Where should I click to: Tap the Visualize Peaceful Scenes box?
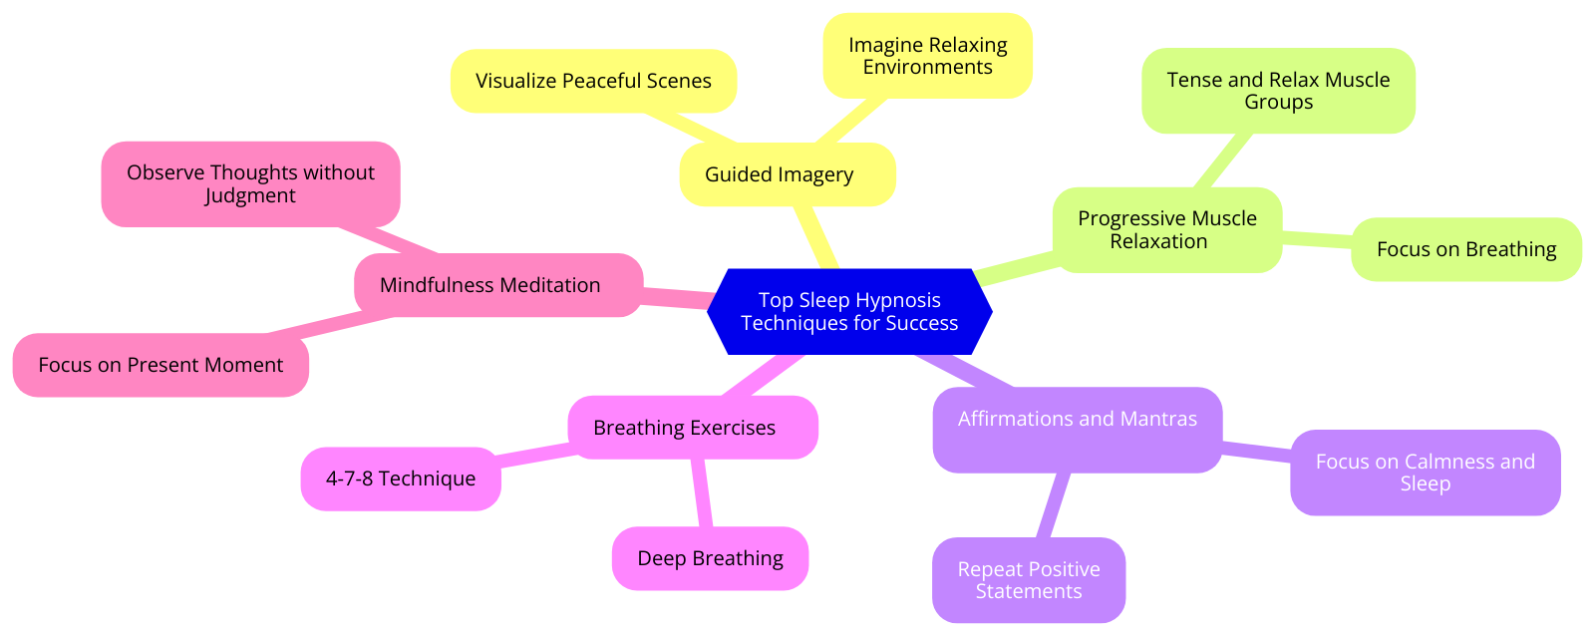pyautogui.click(x=593, y=81)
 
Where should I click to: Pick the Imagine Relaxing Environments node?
pyautogui.click(x=927, y=56)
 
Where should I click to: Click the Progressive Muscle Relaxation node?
pyautogui.click(x=1166, y=229)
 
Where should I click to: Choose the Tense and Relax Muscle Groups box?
pyautogui.click(x=1278, y=91)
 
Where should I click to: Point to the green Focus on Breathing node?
pyautogui.click(x=1465, y=249)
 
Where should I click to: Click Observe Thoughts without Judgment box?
pyautogui.click(x=250, y=183)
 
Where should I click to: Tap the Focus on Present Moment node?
pyautogui.click(x=160, y=365)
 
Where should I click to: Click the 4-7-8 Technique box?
pyautogui.click(x=401, y=478)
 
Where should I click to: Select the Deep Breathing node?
pyautogui.click(x=710, y=558)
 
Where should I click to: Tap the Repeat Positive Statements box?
pyautogui.click(x=1029, y=580)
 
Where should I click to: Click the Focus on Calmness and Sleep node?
pyautogui.click(x=1425, y=473)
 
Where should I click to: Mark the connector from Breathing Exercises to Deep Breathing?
pyautogui.click(x=701, y=492)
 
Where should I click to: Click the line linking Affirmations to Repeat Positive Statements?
pyautogui.click(x=1053, y=505)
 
